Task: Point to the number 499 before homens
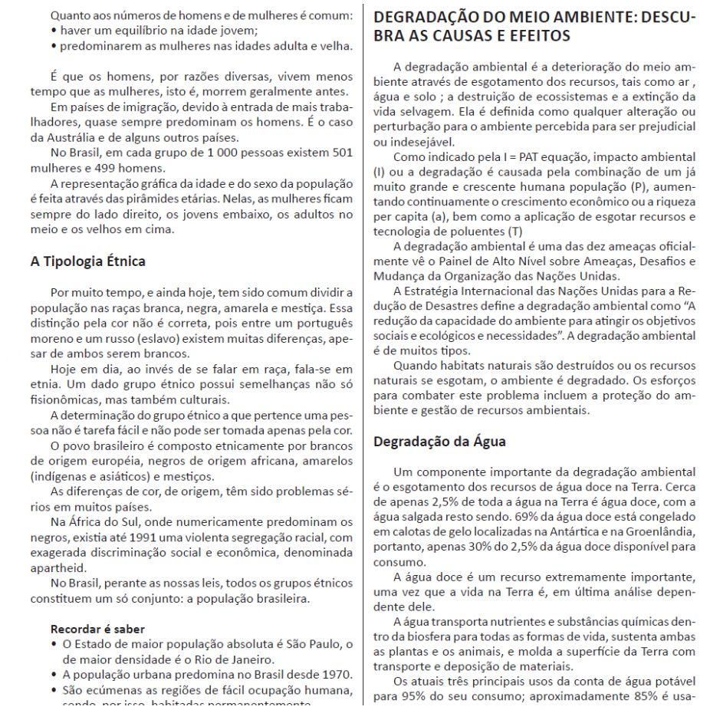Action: click(107, 167)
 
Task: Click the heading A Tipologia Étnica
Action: click(87, 261)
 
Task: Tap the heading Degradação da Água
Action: click(439, 442)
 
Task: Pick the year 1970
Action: click(336, 674)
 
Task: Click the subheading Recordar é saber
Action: click(97, 629)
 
